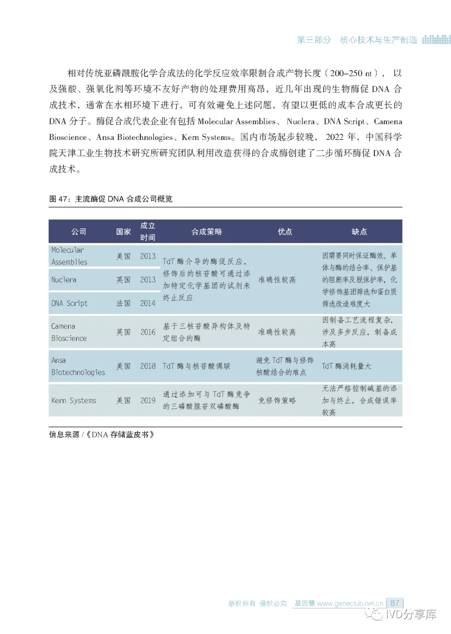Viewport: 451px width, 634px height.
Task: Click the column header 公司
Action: click(79, 232)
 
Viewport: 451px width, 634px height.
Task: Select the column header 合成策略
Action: click(207, 232)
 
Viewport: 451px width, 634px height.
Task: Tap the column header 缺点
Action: click(359, 232)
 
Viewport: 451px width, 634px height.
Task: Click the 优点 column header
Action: click(285, 232)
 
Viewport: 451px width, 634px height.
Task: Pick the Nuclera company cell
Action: click(64, 280)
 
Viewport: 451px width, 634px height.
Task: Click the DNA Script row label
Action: click(69, 303)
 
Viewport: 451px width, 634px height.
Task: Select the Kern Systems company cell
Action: click(73, 401)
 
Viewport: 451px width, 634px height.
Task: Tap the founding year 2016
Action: click(148, 332)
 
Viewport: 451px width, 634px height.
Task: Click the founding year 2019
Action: click(148, 401)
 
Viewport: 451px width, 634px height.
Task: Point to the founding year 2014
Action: click(148, 303)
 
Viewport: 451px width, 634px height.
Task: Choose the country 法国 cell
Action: click(124, 303)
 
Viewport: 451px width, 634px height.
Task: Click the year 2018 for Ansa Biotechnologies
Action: click(148, 366)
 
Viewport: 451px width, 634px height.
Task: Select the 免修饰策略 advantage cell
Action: click(277, 401)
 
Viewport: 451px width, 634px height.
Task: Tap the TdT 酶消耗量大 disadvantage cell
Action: click(346, 366)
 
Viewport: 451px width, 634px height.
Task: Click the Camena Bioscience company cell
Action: click(69, 332)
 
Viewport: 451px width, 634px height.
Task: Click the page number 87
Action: click(395, 603)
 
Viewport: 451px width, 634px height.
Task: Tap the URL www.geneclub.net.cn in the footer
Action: click(350, 604)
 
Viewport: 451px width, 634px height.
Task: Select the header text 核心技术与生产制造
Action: click(378, 40)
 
